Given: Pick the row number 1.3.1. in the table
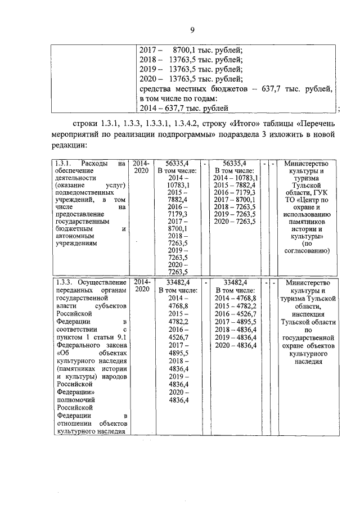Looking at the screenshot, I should (x=65, y=164).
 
